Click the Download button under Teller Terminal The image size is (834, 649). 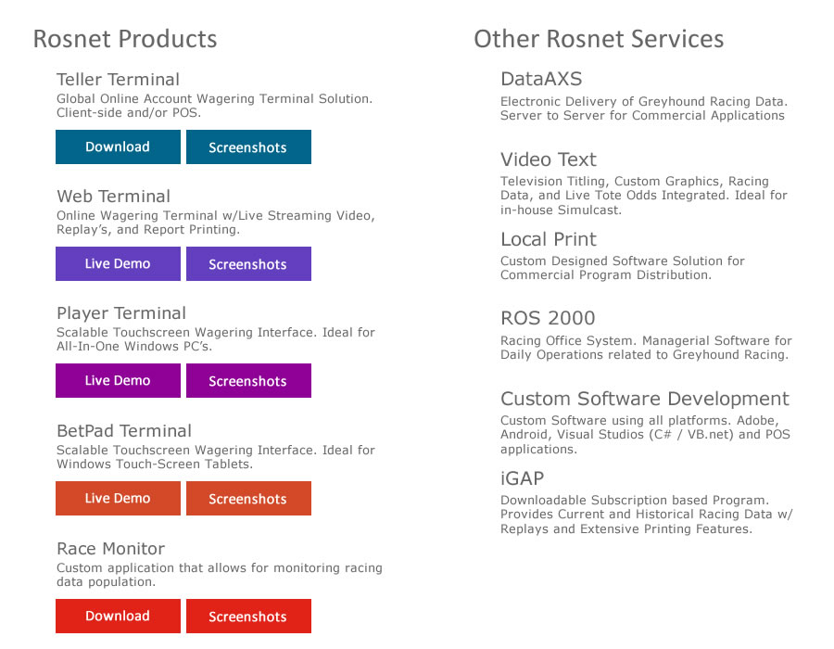pyautogui.click(x=118, y=146)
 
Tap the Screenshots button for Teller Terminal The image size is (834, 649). pyautogui.click(x=248, y=146)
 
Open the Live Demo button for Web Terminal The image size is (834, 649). pyautogui.click(x=118, y=264)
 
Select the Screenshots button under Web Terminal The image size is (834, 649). pyautogui.click(x=248, y=264)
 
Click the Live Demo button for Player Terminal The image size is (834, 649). pyautogui.click(x=118, y=380)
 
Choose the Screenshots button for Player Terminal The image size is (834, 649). pyautogui.click(x=248, y=380)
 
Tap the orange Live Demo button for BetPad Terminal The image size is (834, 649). pyautogui.click(x=118, y=499)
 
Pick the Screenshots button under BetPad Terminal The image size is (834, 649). pyautogui.click(x=248, y=499)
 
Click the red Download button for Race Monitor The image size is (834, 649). pyautogui.click(x=118, y=616)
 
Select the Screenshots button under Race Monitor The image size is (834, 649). pyautogui.click(x=248, y=616)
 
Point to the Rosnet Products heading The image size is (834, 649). pyautogui.click(x=125, y=39)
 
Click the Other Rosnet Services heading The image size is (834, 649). pyautogui.click(x=599, y=39)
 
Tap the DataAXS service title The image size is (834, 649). pyautogui.click(x=541, y=79)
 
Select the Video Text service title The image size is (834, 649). pyautogui.click(x=549, y=159)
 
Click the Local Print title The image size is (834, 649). pyautogui.click(x=549, y=239)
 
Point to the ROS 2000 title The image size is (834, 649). pyautogui.click(x=548, y=318)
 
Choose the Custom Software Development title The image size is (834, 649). pyautogui.click(x=645, y=399)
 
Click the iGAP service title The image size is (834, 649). pyautogui.click(x=522, y=478)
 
